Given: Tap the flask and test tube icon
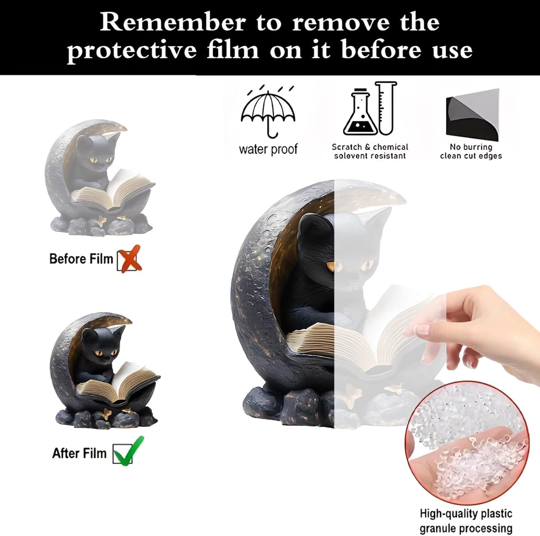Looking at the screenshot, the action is coord(370,108).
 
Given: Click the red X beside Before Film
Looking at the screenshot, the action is coord(130,259).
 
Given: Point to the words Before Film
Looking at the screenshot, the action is coord(81,259).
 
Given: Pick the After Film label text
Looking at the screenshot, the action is coord(80,453).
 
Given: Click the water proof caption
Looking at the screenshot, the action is coord(268,149).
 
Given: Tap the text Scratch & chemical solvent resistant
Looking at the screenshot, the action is coord(370,151).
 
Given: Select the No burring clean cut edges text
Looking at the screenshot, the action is coord(471,151).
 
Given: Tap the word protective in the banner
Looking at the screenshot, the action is coord(132,50).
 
